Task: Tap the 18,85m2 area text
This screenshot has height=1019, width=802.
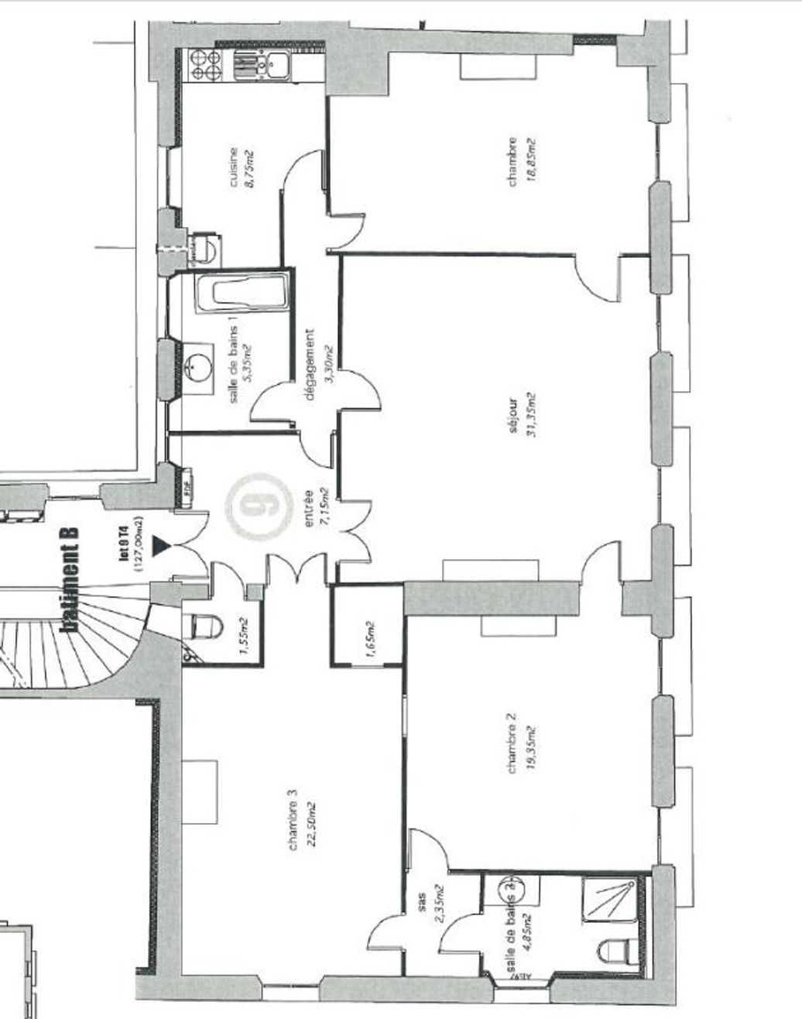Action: (x=530, y=160)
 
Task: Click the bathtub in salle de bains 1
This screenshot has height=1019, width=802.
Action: (x=242, y=293)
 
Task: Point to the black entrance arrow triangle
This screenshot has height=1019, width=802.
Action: (x=161, y=546)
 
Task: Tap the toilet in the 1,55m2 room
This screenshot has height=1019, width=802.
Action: (x=202, y=626)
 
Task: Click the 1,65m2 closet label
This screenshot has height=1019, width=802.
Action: (x=369, y=639)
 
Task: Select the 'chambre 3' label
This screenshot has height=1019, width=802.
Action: (x=293, y=821)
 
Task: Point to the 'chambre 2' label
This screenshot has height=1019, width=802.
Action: (x=512, y=743)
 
